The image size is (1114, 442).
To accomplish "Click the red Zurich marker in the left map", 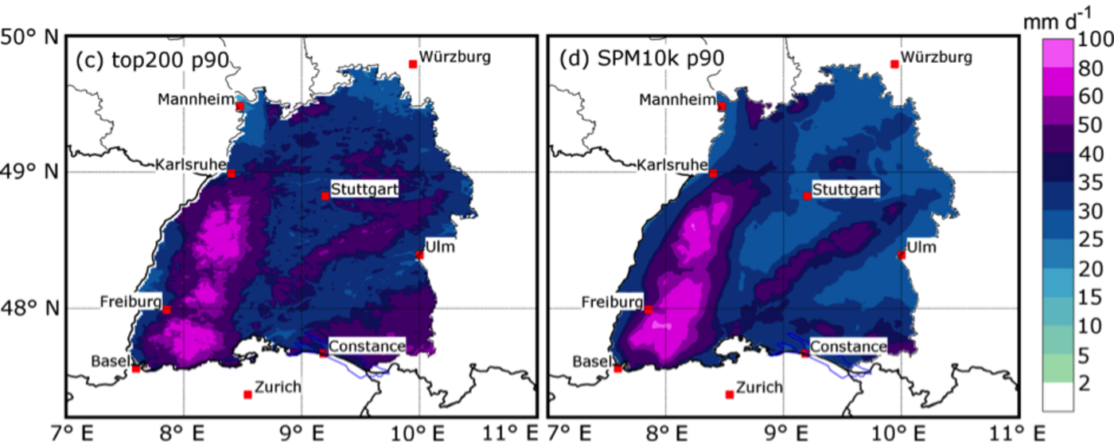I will [x=248, y=394].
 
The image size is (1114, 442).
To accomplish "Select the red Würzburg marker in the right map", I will [x=894, y=64].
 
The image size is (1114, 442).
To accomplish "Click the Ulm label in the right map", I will [x=921, y=248].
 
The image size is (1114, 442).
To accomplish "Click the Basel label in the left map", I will [x=111, y=361].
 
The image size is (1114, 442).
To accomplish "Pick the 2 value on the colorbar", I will [x=1084, y=381].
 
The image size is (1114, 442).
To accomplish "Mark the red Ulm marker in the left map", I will [x=419, y=255].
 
